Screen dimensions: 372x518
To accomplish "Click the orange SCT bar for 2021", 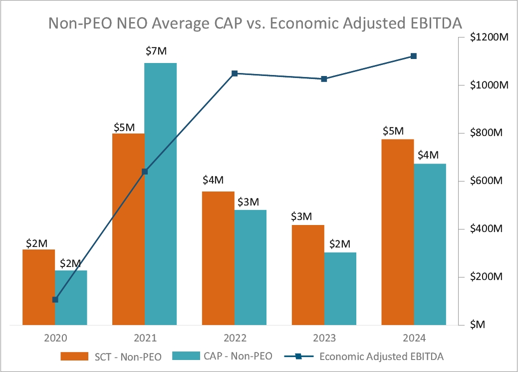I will tap(128, 230).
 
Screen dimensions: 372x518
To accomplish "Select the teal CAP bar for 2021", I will tap(161, 195).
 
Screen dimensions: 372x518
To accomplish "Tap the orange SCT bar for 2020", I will tap(38, 287).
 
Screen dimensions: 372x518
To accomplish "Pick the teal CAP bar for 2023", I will tap(340, 289).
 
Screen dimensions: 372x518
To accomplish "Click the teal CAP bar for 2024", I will tap(430, 245).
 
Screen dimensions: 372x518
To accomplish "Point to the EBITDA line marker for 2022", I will tap(235, 73).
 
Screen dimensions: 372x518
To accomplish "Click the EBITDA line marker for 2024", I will tap(414, 56).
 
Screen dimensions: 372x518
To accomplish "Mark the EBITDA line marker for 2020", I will tap(55, 299).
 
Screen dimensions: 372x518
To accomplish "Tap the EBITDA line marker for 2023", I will tap(324, 79).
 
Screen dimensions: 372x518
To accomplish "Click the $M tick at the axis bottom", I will tap(478, 325).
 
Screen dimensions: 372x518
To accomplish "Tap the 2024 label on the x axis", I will tap(414, 338).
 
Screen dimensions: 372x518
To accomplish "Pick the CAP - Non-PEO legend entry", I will tap(223, 356).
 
